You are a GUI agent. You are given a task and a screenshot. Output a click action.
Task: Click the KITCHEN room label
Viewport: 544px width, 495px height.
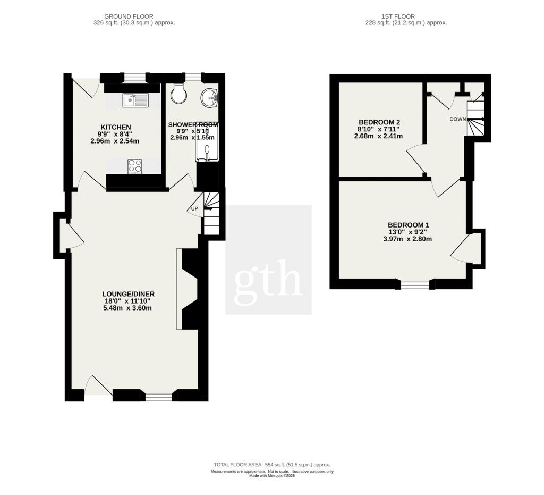[x=116, y=127]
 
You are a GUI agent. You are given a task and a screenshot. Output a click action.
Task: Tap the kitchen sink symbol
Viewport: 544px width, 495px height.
[x=134, y=100]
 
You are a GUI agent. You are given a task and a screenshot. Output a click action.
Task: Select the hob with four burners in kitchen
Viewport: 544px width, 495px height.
[x=134, y=166]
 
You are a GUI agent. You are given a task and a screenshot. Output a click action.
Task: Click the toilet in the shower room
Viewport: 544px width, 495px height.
[x=179, y=94]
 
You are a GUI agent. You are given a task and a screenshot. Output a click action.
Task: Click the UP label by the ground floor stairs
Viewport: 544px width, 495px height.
[x=194, y=208]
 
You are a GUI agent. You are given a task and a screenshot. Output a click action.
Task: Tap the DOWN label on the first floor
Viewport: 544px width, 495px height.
[x=457, y=119]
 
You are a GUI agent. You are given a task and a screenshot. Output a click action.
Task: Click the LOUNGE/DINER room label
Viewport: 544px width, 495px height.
[x=128, y=294]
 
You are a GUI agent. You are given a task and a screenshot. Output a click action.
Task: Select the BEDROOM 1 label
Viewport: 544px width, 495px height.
[x=408, y=225]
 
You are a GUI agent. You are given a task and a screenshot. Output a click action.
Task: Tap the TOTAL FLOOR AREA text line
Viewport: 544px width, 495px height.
[x=272, y=464]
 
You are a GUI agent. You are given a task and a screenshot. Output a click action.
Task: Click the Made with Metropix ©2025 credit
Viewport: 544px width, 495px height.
[x=272, y=476]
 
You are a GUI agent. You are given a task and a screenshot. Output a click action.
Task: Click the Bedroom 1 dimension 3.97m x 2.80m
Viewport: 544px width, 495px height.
[x=408, y=239]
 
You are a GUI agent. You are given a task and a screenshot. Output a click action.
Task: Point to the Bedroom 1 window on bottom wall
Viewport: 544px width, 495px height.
[x=414, y=285]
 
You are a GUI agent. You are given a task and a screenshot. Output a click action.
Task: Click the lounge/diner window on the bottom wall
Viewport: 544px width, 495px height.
[x=158, y=396]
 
